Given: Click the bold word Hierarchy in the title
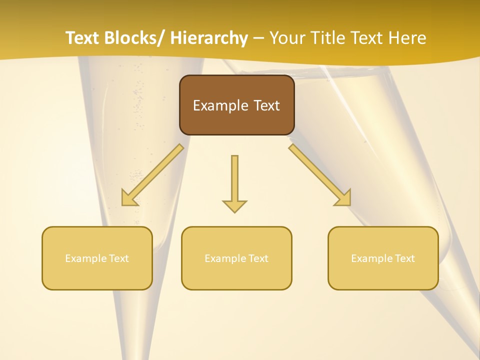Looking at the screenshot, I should point(209,38).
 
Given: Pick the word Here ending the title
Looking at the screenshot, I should point(407,38).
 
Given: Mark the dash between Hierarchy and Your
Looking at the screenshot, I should point(258,38).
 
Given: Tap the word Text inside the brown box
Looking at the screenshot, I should point(266,105).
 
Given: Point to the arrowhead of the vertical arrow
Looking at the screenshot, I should point(234,205).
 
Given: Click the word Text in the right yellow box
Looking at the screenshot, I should point(404,258).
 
